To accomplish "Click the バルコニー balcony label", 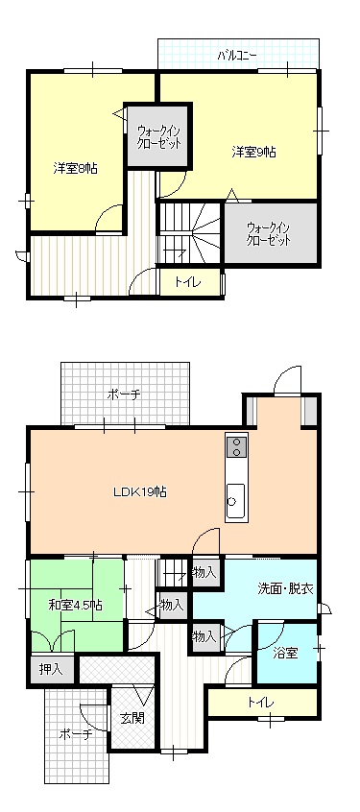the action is click(236, 54).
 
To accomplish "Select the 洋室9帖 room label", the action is click(253, 152).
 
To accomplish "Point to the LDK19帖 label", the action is click(140, 491).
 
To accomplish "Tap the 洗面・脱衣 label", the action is click(285, 588).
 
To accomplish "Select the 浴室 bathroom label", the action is click(285, 653).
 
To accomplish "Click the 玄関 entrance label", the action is click(132, 718).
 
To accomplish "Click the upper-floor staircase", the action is click(189, 233).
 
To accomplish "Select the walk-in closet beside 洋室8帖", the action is click(158, 136).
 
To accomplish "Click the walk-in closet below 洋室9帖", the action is click(270, 233).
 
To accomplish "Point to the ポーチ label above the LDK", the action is click(124, 395).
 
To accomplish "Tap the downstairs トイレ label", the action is click(260, 703).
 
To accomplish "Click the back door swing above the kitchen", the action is click(287, 381).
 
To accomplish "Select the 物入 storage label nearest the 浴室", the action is click(204, 636).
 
